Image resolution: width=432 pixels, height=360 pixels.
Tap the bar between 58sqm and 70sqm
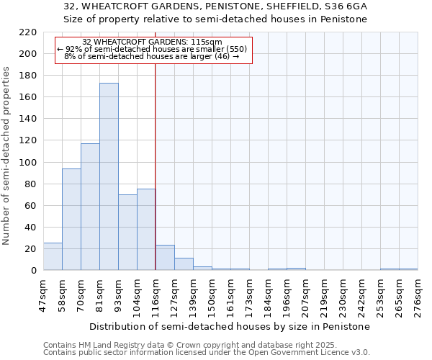pyautogui.click(x=71, y=220)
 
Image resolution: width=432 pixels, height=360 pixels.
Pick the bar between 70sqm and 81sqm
pyautogui.click(x=90, y=207)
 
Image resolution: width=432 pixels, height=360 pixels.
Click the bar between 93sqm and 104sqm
pyautogui.click(x=127, y=233)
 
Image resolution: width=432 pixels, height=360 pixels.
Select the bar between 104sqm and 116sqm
pyautogui.click(x=146, y=230)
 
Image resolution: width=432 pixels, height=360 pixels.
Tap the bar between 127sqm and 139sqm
pyautogui.click(x=184, y=264)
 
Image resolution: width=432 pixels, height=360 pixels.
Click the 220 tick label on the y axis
pyautogui.click(x=28, y=32)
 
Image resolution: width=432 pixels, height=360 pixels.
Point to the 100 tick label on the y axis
pyautogui.click(x=28, y=163)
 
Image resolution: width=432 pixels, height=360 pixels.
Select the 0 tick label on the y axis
pyautogui.click(x=33, y=271)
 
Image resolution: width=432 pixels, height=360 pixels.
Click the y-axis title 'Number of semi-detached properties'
pyautogui.click(x=7, y=156)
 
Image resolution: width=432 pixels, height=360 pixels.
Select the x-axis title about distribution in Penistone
pyautogui.click(x=230, y=326)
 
